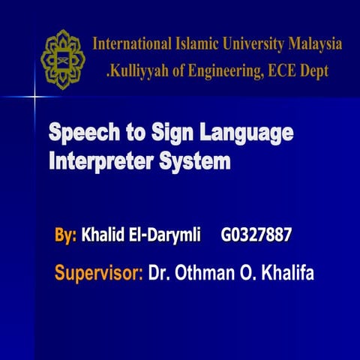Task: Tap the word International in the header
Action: pyautogui.click(x=131, y=44)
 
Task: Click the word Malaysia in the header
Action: pyautogui.click(x=310, y=44)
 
